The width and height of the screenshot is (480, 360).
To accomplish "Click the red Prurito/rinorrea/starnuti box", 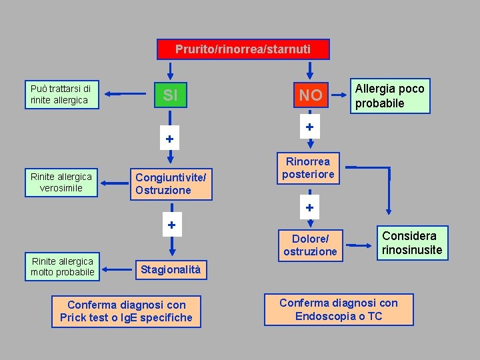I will tap(243, 49).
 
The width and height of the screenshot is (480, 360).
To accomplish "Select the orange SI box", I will tap(170, 95).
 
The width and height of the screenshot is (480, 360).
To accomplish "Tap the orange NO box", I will tap(310, 95).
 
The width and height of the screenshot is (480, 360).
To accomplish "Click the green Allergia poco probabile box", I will tap(390, 95).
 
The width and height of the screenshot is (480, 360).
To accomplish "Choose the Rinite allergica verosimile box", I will tap(61, 182).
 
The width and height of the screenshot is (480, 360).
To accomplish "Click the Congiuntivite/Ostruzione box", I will tap(171, 184).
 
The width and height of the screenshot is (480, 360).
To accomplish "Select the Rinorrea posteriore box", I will tap(309, 167).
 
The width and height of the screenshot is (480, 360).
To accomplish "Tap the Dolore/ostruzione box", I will tap(310, 245).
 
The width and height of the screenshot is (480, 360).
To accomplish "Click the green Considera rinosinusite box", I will tap(411, 243).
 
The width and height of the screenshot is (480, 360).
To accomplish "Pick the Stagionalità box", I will tap(169, 269).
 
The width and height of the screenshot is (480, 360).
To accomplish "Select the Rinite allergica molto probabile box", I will tap(62, 266).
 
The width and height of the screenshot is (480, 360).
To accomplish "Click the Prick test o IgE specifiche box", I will tap(126, 311).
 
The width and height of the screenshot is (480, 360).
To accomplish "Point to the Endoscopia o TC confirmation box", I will tap(338, 309).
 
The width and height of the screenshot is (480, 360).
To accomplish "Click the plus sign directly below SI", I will tap(170, 139).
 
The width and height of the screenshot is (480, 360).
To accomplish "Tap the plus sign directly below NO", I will tap(309, 127).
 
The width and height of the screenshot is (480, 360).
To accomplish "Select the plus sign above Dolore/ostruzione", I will tap(309, 207).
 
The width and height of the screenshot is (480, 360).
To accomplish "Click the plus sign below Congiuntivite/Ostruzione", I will tap(171, 225).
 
